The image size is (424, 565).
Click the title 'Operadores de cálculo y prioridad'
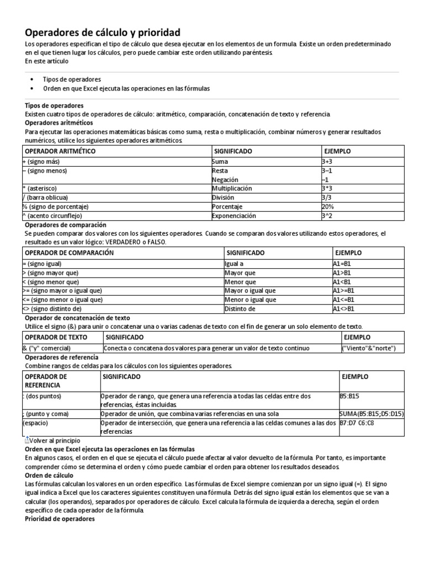coord(103,33)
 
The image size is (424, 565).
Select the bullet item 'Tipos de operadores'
coord(72,79)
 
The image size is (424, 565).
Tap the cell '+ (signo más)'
coord(41,162)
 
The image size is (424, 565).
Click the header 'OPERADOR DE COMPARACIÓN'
coord(69,252)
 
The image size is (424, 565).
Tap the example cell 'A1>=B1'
coord(343,290)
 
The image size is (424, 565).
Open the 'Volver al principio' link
coord(55,441)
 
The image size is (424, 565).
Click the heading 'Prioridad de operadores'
coord(60,519)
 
